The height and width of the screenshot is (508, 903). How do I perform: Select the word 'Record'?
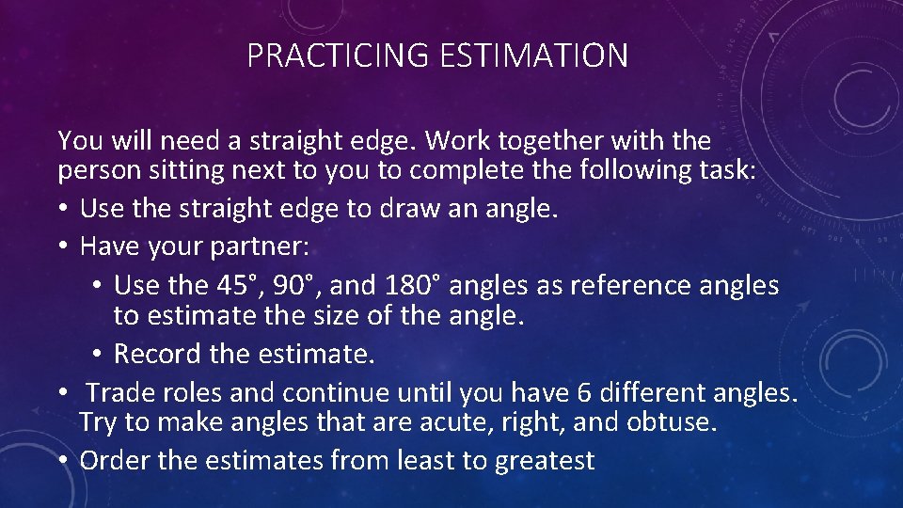(158, 354)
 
